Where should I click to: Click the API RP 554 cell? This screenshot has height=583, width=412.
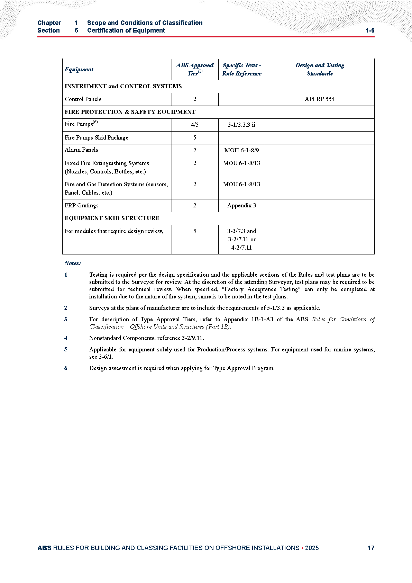319,99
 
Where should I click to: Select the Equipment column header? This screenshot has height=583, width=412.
79,70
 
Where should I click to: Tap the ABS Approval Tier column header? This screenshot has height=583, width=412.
195,69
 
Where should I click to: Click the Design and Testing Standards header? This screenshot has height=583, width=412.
320,69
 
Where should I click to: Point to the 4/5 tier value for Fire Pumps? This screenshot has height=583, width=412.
195,125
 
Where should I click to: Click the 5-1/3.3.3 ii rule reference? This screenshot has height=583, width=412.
241,125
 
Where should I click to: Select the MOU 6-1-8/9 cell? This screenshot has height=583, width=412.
241,151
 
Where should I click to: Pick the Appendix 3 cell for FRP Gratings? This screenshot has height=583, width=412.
241,206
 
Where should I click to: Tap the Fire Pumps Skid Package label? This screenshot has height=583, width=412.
96,138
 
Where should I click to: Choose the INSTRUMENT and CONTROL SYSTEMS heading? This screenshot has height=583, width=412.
123,87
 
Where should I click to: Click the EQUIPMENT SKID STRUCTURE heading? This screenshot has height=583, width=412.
112,218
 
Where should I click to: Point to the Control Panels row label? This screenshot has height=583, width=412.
83,99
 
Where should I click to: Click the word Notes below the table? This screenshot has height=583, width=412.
73,263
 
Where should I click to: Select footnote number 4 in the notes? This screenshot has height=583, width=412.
66,338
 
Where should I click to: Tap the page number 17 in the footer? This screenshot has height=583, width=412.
371,548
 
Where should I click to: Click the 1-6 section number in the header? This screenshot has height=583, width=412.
370,30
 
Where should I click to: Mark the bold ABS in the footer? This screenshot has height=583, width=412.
44,548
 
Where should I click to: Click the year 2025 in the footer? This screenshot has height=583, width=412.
312,548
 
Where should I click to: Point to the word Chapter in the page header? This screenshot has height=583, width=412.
49,23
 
